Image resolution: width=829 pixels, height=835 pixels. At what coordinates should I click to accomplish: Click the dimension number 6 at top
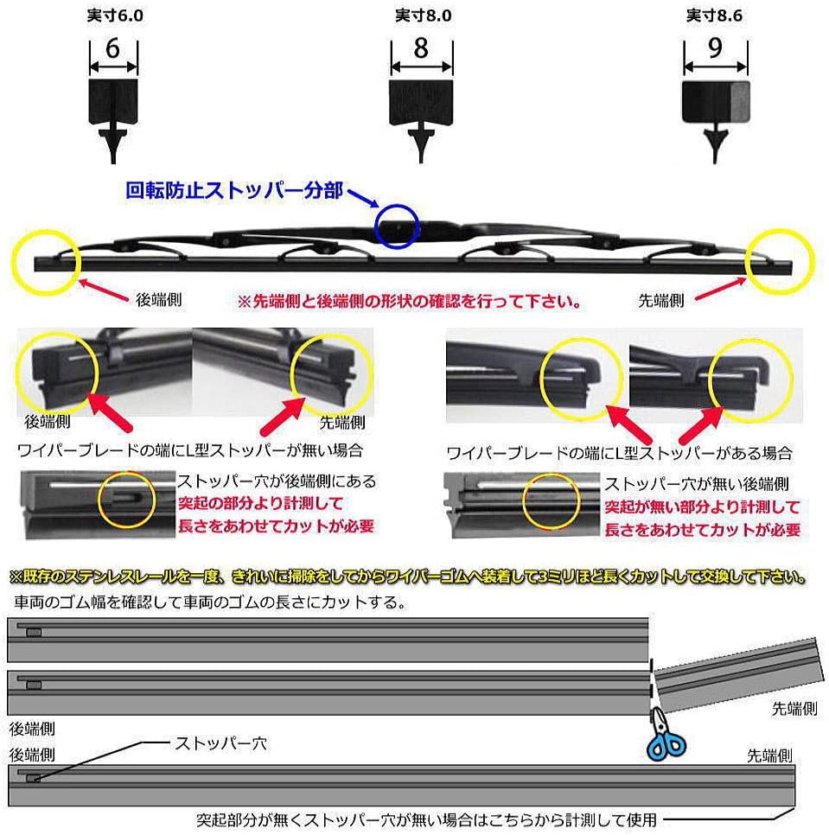point(112,49)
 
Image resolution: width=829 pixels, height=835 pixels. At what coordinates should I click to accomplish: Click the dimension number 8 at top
point(421,48)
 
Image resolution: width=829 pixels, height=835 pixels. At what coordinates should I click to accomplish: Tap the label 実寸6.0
point(113,16)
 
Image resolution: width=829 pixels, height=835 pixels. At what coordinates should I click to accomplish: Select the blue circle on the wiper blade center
point(397,226)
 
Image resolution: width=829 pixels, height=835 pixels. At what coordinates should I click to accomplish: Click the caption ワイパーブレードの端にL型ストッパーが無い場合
point(189,450)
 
